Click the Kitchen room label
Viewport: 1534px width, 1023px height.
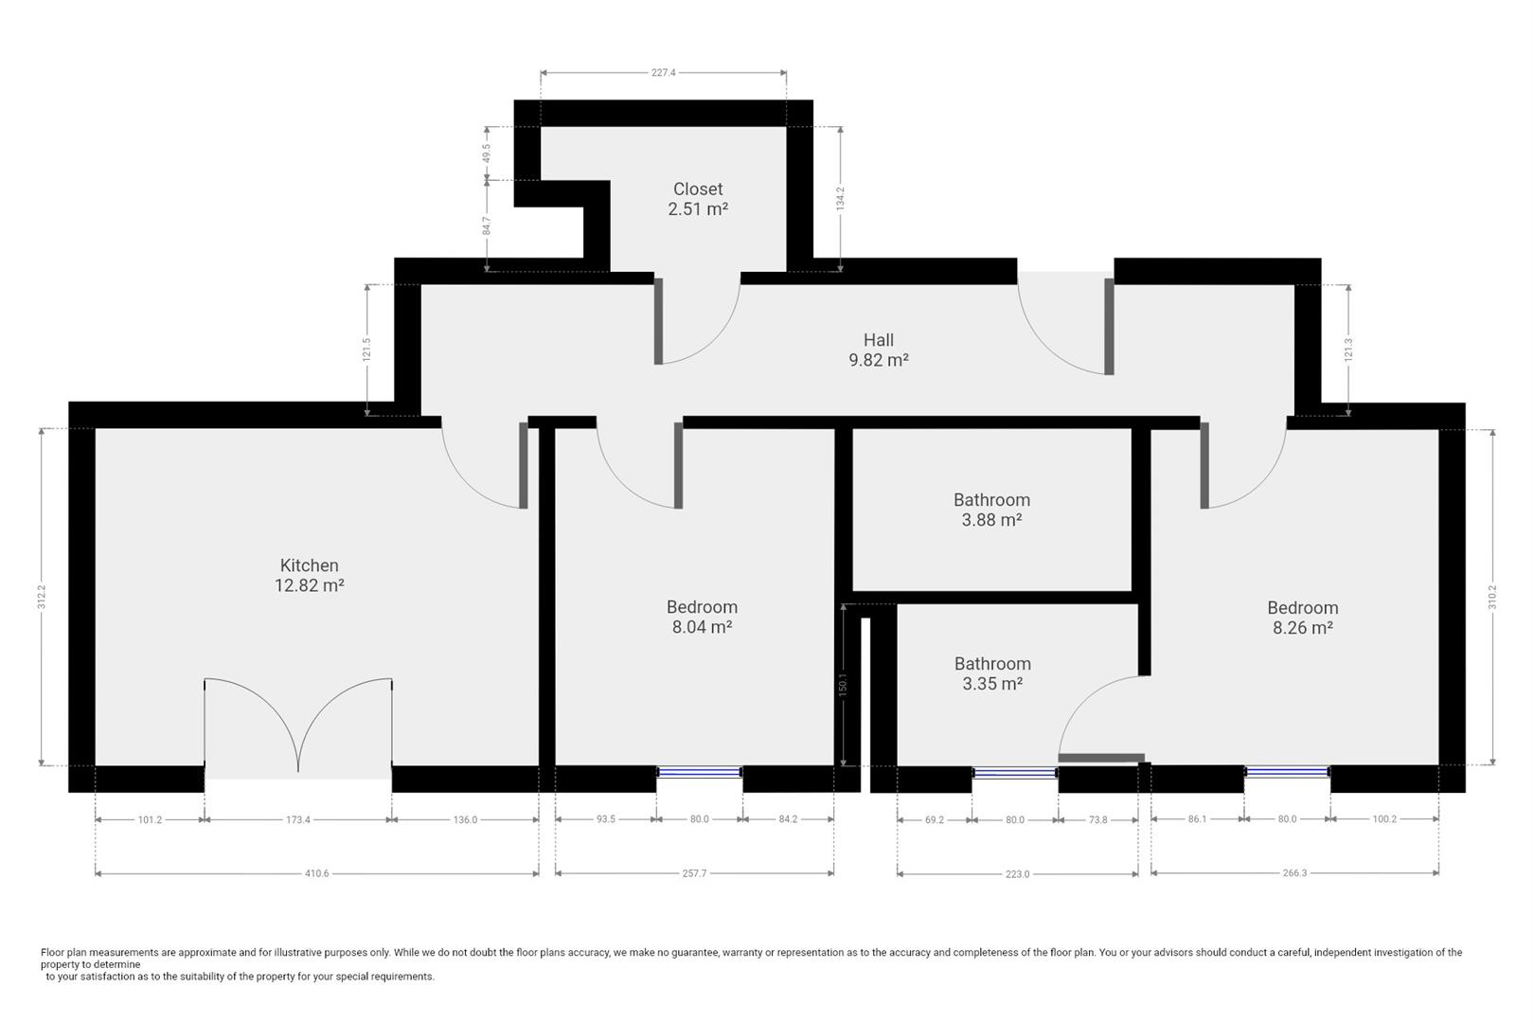tap(309, 565)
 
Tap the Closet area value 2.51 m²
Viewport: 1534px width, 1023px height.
tap(698, 209)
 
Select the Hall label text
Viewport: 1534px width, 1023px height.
tap(878, 339)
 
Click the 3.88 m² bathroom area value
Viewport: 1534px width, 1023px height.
tap(991, 520)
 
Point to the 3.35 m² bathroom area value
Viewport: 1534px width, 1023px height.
tap(992, 684)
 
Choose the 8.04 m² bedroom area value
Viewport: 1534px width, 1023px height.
tap(702, 627)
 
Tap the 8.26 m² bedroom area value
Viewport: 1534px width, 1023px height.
tap(1303, 627)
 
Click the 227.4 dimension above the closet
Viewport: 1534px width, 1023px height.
tap(664, 72)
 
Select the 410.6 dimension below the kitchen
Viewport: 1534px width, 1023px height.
tap(316, 873)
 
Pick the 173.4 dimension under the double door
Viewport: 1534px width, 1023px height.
tap(297, 819)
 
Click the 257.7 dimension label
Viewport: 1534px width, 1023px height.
tap(694, 873)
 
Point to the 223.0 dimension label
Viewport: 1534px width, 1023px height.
tap(1017, 874)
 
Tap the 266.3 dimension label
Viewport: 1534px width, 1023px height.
tap(1294, 873)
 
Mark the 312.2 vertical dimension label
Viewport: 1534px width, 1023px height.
tap(42, 597)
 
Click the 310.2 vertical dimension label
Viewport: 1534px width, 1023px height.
tap(1492, 597)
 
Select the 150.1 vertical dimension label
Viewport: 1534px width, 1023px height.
tap(843, 685)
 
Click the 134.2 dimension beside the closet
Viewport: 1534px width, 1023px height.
tap(840, 199)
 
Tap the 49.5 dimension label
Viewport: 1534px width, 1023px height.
tap(487, 153)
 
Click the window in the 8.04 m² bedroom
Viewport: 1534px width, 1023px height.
tap(700, 773)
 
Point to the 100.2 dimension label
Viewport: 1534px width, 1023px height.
tap(1384, 819)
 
